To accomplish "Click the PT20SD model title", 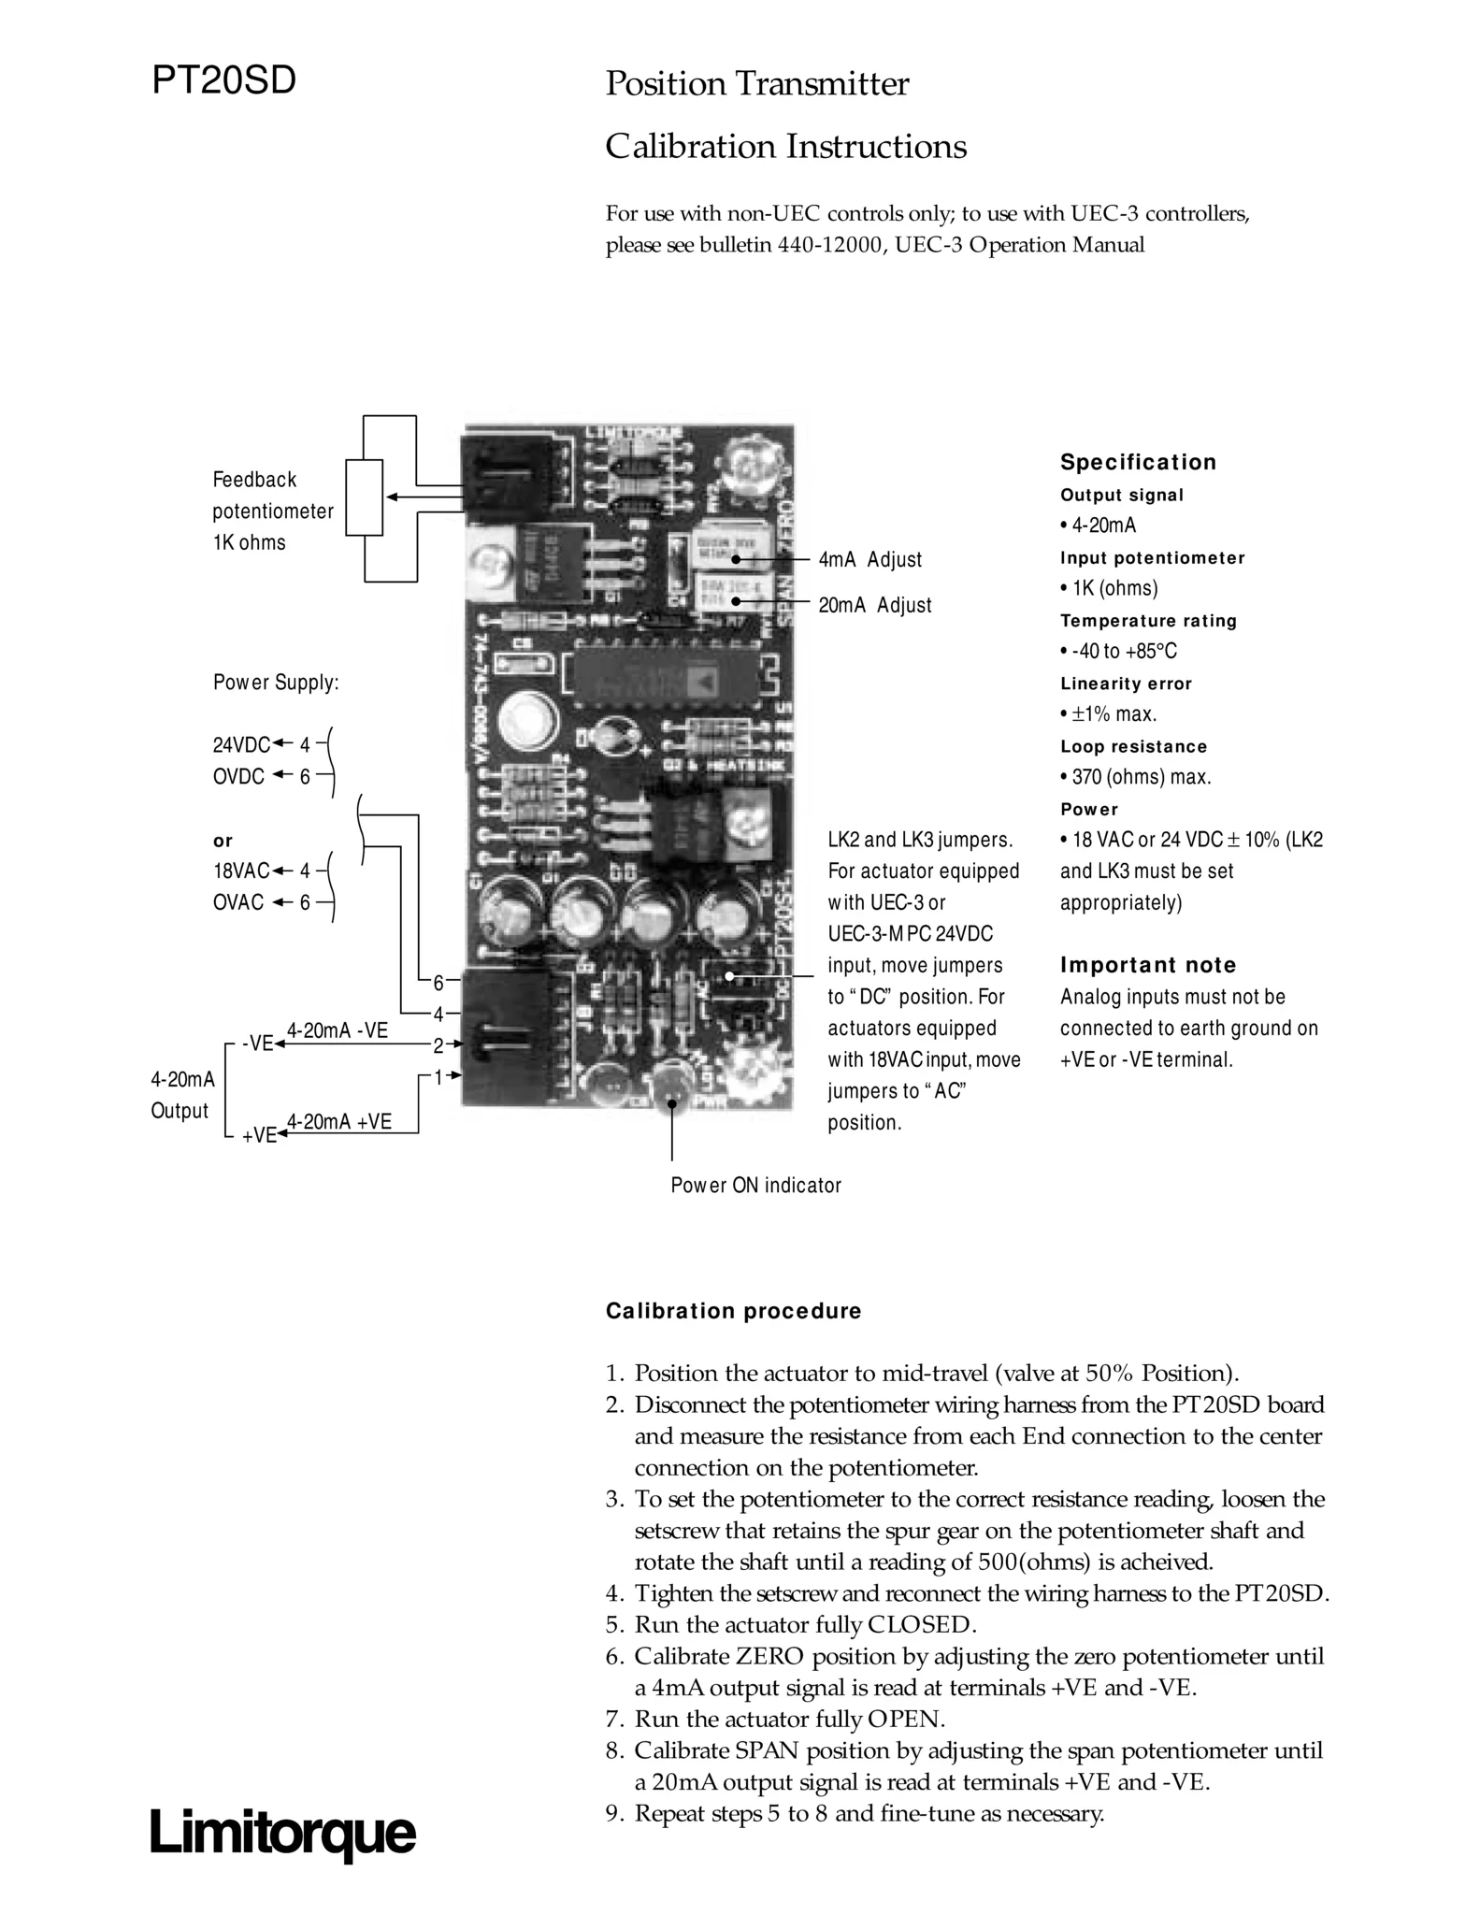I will click(223, 81).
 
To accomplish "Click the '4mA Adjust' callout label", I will click(869, 559).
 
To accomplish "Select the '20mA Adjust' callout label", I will click(874, 605).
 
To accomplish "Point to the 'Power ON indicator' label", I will click(755, 1186).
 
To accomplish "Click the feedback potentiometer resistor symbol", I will click(364, 497).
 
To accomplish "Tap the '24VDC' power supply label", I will click(240, 745).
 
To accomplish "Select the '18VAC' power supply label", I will click(240, 871).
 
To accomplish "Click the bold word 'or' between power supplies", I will click(223, 840).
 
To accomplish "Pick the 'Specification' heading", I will click(1138, 462).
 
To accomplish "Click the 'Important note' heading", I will click(1147, 965).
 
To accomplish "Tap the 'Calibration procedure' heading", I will click(733, 1311).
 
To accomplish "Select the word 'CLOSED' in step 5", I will click(921, 1624).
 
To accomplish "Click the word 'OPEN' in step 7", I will click(906, 1719).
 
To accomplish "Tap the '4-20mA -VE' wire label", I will click(337, 1030).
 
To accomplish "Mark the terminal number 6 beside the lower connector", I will click(438, 982).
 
